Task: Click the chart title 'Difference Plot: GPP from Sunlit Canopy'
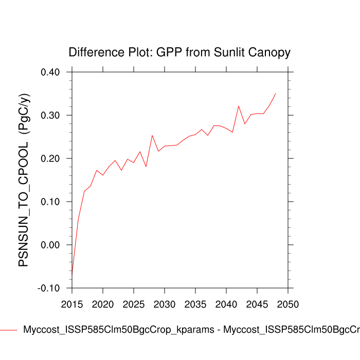[179, 52]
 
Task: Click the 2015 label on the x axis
[72, 304]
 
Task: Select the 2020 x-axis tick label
[103, 304]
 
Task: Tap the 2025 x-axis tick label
[134, 304]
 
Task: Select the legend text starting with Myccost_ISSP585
[190, 330]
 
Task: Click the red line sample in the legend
[9, 330]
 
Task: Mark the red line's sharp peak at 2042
[239, 106]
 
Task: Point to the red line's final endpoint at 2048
[276, 94]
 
